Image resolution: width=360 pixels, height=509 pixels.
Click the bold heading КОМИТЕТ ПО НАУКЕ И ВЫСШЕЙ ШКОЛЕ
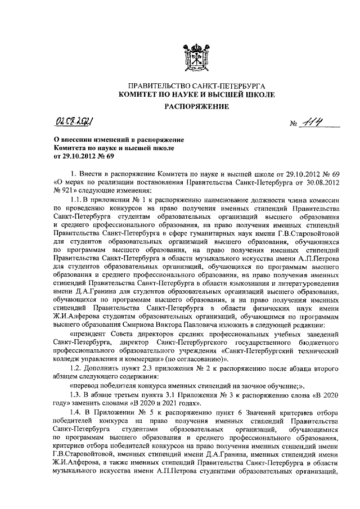(196, 95)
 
